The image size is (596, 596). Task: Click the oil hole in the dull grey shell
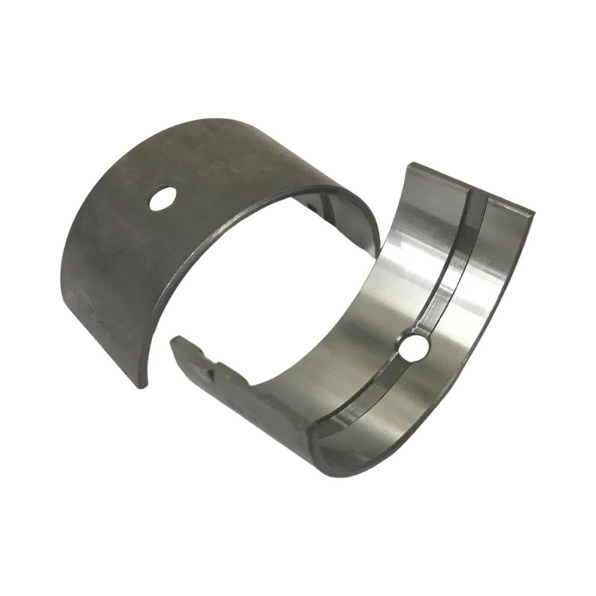[162, 198]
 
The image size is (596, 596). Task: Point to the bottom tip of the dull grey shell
[142, 383]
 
